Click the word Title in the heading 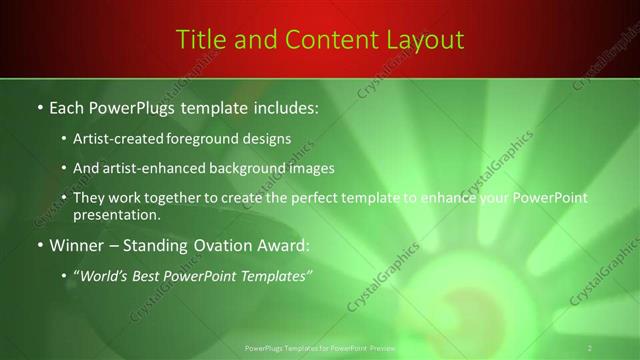(x=198, y=39)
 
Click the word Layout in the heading (x=424, y=39)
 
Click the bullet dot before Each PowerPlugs (x=39, y=107)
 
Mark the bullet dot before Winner (x=39, y=246)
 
